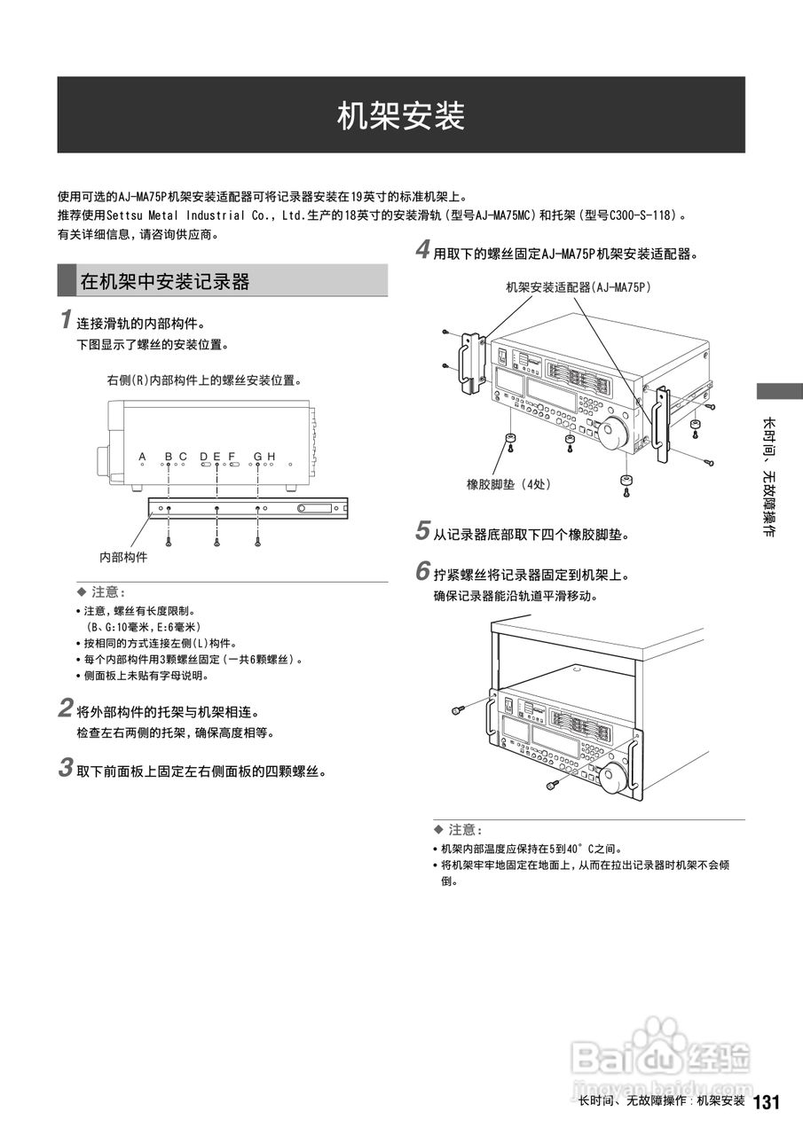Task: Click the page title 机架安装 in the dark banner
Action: click(401, 116)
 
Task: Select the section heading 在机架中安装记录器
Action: click(165, 282)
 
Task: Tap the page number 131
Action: click(766, 1102)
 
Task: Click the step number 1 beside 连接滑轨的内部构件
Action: click(66, 318)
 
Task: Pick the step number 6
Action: click(423, 572)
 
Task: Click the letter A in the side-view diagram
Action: click(142, 457)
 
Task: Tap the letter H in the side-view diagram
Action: click(272, 457)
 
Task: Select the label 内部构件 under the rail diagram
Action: click(123, 557)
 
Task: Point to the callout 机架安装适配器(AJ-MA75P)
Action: click(578, 286)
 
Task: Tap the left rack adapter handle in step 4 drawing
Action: click(468, 364)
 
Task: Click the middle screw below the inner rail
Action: click(216, 540)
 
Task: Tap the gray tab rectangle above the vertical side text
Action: click(779, 390)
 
